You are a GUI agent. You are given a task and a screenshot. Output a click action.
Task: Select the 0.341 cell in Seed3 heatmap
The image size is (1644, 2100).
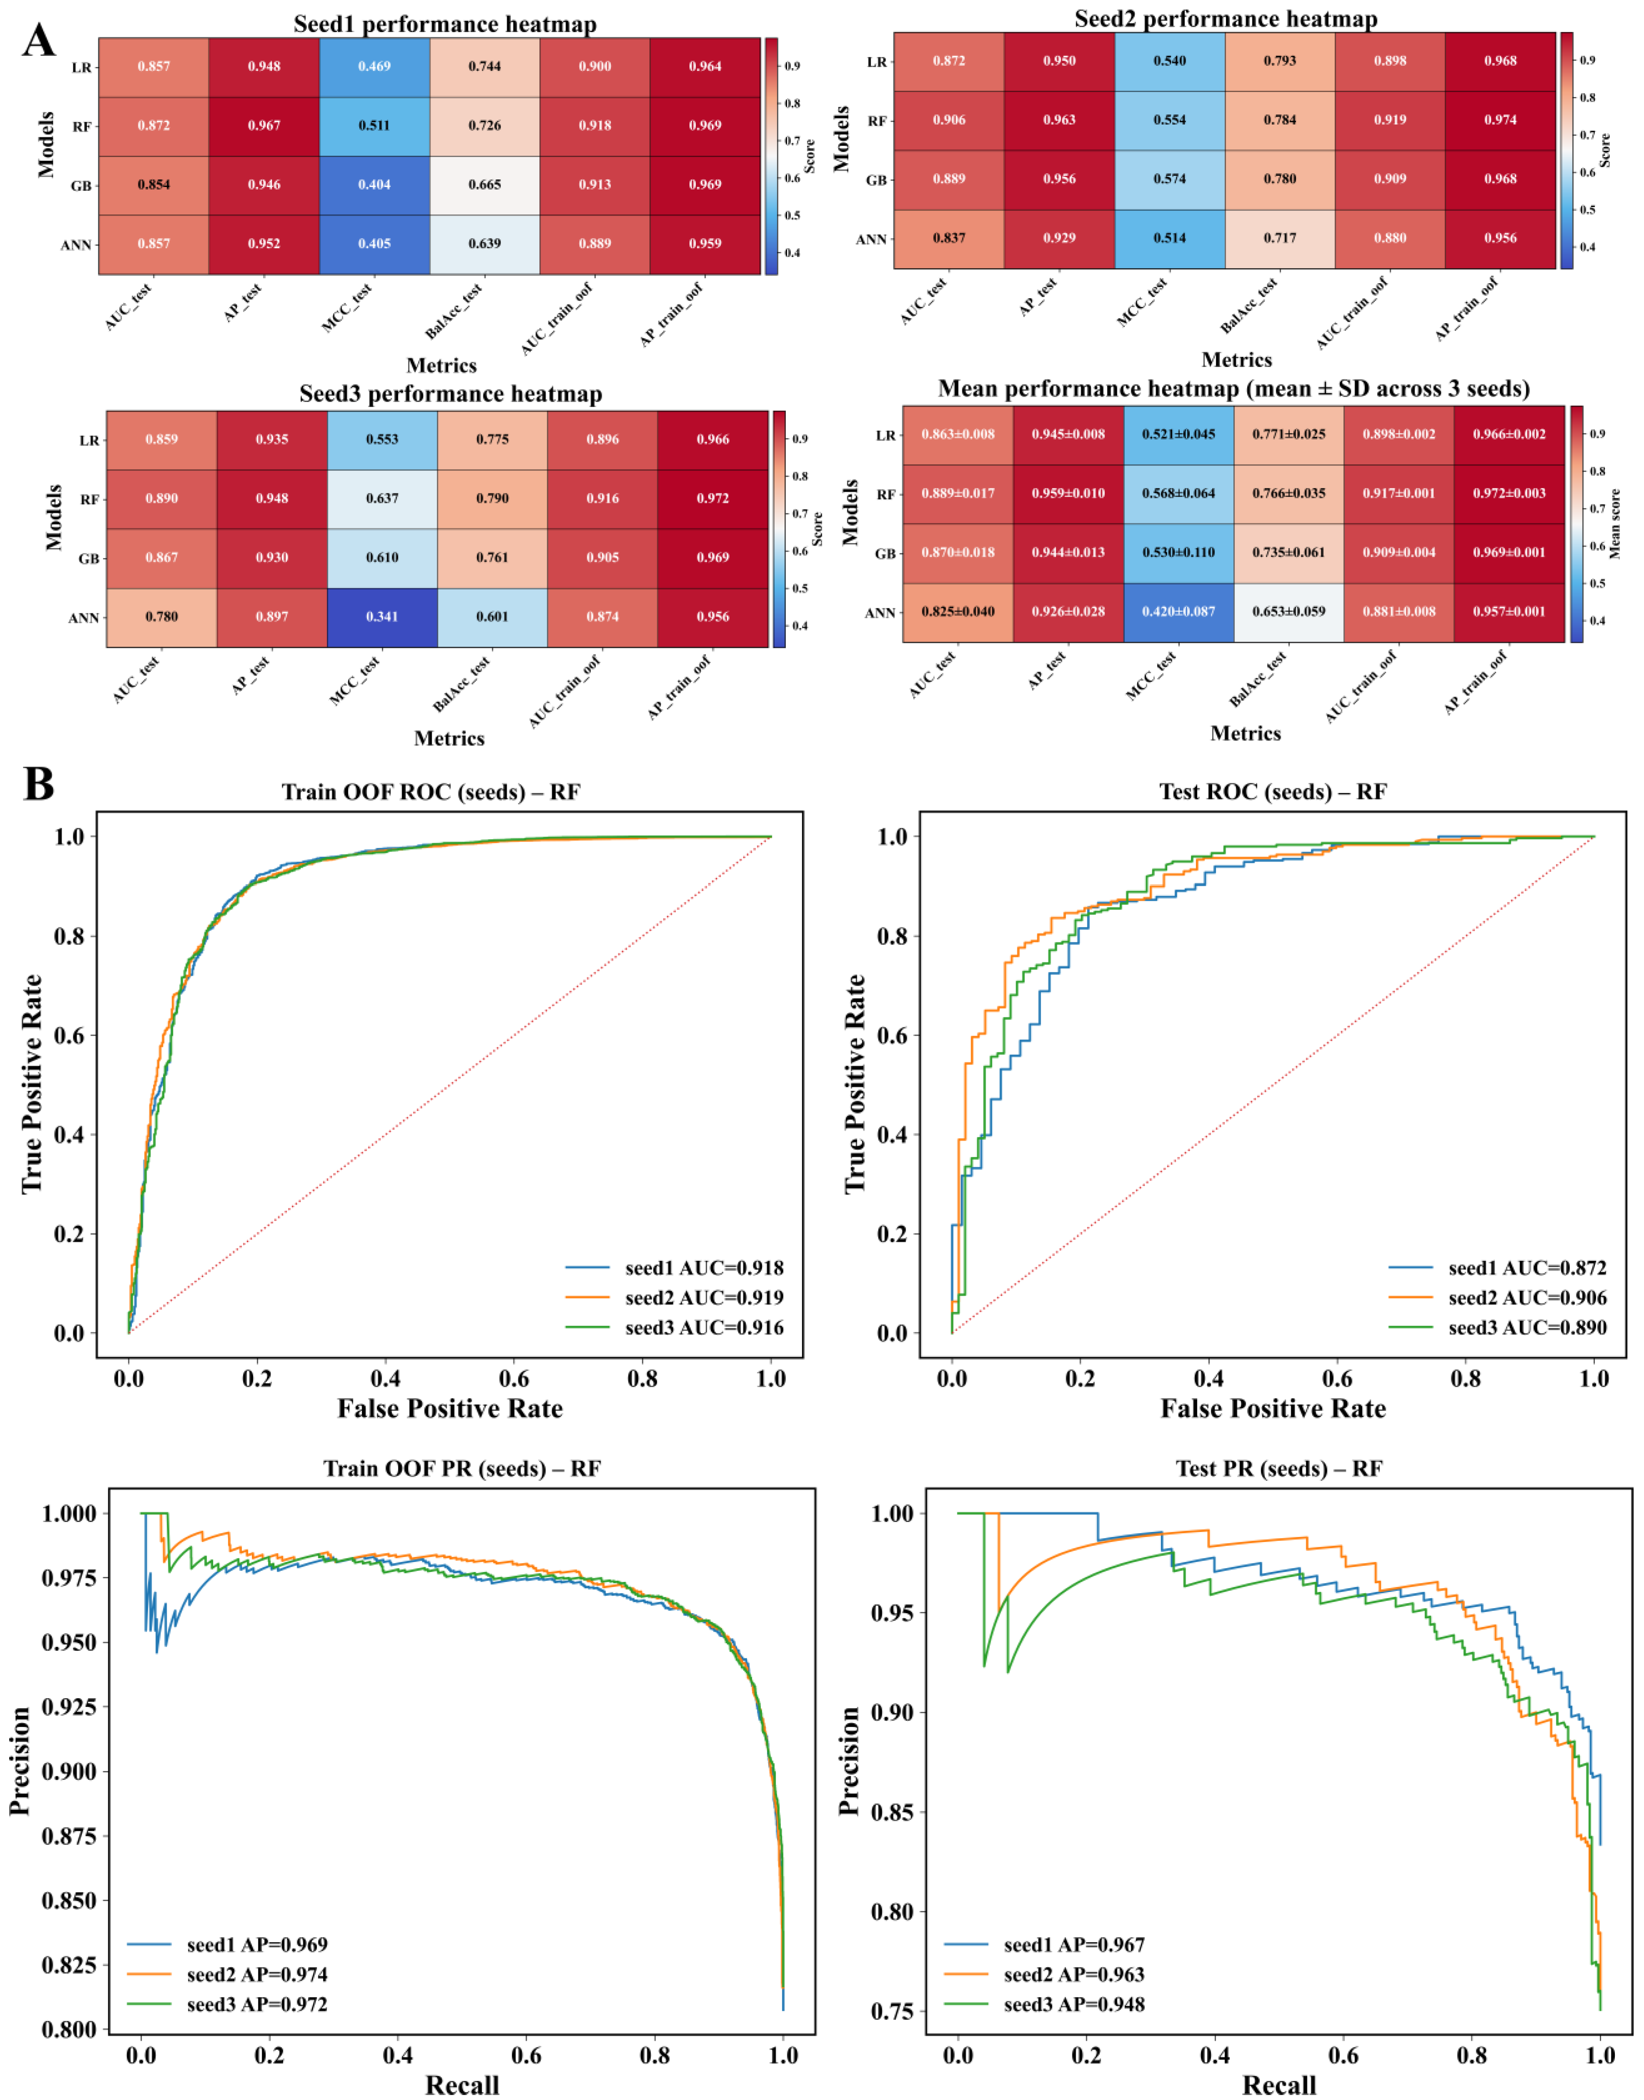382,617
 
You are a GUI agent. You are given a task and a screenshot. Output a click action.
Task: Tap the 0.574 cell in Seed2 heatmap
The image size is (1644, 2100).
1169,179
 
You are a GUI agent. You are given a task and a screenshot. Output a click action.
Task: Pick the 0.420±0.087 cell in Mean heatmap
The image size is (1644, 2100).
1178,612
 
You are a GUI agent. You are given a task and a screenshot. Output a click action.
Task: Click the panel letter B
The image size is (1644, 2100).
38,783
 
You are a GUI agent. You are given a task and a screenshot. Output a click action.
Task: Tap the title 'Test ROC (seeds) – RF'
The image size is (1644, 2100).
1273,792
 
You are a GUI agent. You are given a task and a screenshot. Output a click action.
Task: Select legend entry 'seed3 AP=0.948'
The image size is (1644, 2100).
1044,2004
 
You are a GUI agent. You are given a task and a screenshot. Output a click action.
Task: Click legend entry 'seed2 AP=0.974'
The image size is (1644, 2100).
227,1974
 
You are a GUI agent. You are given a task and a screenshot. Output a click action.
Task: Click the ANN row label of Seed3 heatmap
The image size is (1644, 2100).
84,618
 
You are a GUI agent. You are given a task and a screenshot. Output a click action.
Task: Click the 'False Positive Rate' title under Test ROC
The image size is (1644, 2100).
1273,1409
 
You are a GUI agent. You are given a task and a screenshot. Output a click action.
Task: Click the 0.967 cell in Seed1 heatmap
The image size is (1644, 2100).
264,126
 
